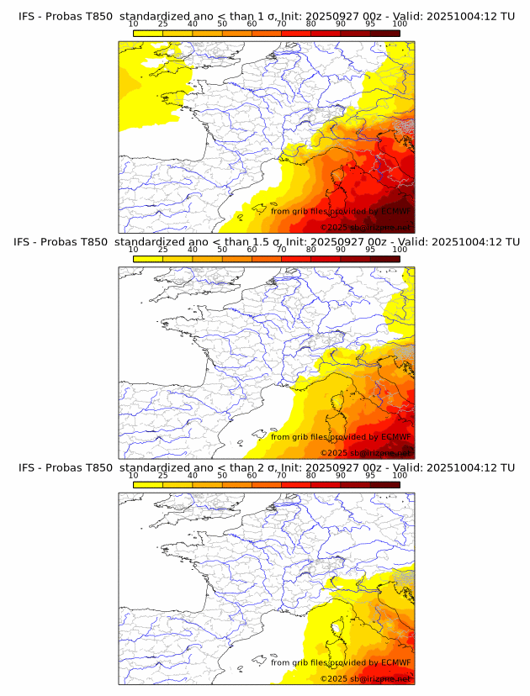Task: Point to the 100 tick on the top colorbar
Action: click(400, 24)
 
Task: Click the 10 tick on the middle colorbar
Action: click(133, 250)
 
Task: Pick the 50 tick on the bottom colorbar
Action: click(222, 476)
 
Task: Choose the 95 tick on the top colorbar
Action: click(370, 24)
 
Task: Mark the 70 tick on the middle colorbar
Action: click(281, 250)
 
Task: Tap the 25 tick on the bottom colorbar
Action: click(163, 476)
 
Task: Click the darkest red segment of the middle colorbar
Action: click(384, 258)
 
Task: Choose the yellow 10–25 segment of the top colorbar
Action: click(148, 33)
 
